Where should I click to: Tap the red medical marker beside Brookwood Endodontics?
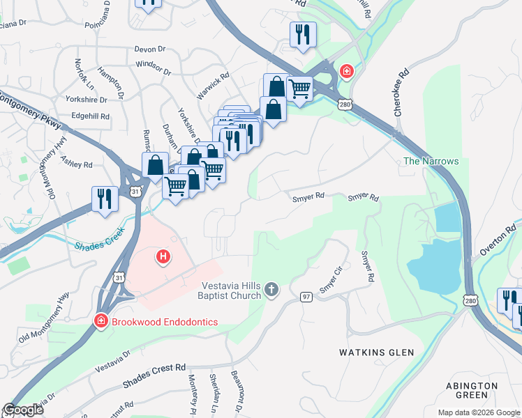coord(100,321)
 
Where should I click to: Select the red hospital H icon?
coord(163,258)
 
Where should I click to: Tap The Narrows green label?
coord(431,161)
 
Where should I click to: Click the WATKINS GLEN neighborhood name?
coord(376,353)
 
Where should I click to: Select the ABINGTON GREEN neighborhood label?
coord(472,390)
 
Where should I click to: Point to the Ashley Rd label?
coord(77,164)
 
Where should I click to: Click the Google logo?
coord(23,410)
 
